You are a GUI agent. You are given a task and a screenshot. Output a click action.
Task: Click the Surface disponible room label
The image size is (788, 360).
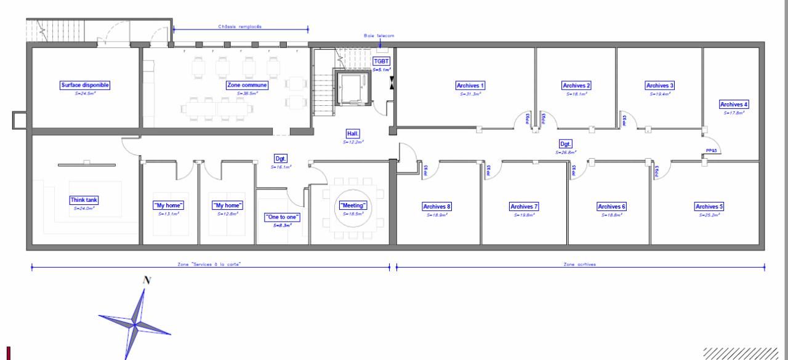pos(85,85)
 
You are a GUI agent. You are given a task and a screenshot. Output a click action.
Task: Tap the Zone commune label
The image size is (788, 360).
pos(247,85)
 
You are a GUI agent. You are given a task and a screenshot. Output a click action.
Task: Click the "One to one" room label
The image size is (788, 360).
pos(282,217)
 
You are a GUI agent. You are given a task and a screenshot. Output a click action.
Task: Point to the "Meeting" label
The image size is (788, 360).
pos(353,205)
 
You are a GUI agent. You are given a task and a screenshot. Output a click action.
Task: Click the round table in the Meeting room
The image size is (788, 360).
pos(353,210)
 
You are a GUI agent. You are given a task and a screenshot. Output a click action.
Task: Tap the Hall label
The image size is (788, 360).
pos(353,133)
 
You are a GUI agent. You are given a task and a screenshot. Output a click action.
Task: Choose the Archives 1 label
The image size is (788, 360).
pos(471,86)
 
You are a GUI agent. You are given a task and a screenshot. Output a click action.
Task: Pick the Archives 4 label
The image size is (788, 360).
pos(734,105)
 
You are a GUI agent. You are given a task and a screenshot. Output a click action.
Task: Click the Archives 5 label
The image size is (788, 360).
pos(709,207)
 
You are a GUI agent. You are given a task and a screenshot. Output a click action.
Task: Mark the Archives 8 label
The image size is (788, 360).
pos(437,207)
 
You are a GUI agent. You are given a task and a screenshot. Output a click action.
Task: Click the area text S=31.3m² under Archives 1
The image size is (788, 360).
pos(471,95)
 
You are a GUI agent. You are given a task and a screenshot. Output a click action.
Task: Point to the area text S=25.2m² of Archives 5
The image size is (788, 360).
pos(709,215)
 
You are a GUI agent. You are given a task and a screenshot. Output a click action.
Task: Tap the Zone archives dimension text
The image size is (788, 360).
pos(580,264)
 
